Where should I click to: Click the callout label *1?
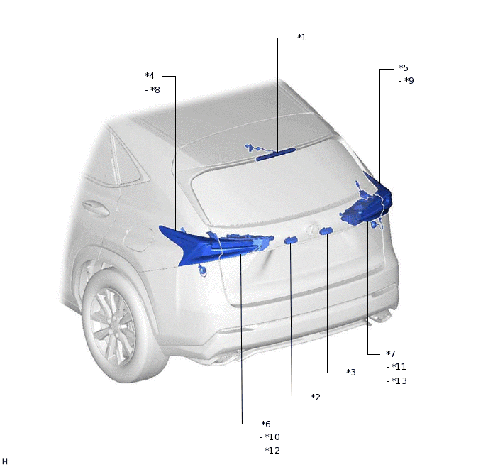(x=301, y=38)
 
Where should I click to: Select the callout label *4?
(x=150, y=76)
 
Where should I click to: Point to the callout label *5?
(x=404, y=67)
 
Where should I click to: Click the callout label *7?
(x=391, y=353)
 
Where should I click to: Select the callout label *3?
(x=351, y=372)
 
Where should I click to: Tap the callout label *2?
(x=316, y=397)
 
